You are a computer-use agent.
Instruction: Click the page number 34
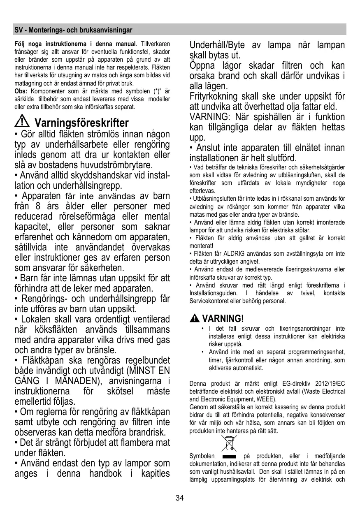point(180,498)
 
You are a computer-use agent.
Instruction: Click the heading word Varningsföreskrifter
point(82,123)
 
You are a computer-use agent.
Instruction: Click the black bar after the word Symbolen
point(229,457)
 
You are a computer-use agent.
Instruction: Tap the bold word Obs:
point(21,91)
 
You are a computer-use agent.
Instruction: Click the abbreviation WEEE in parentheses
point(266,399)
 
